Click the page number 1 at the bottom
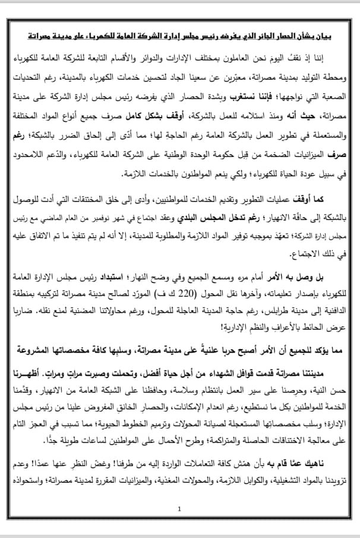180,509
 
